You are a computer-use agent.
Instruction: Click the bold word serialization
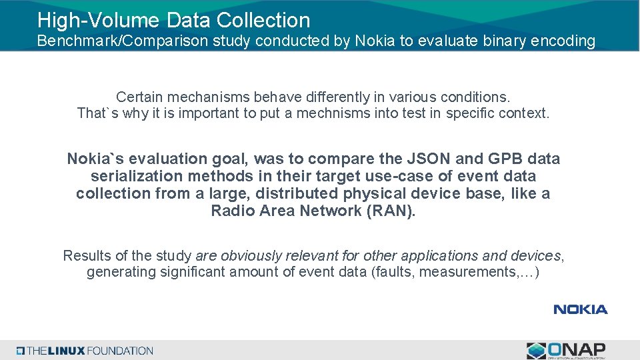click(x=137, y=176)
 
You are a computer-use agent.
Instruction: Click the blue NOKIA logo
click(x=580, y=309)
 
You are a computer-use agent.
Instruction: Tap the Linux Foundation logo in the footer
click(x=85, y=351)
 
